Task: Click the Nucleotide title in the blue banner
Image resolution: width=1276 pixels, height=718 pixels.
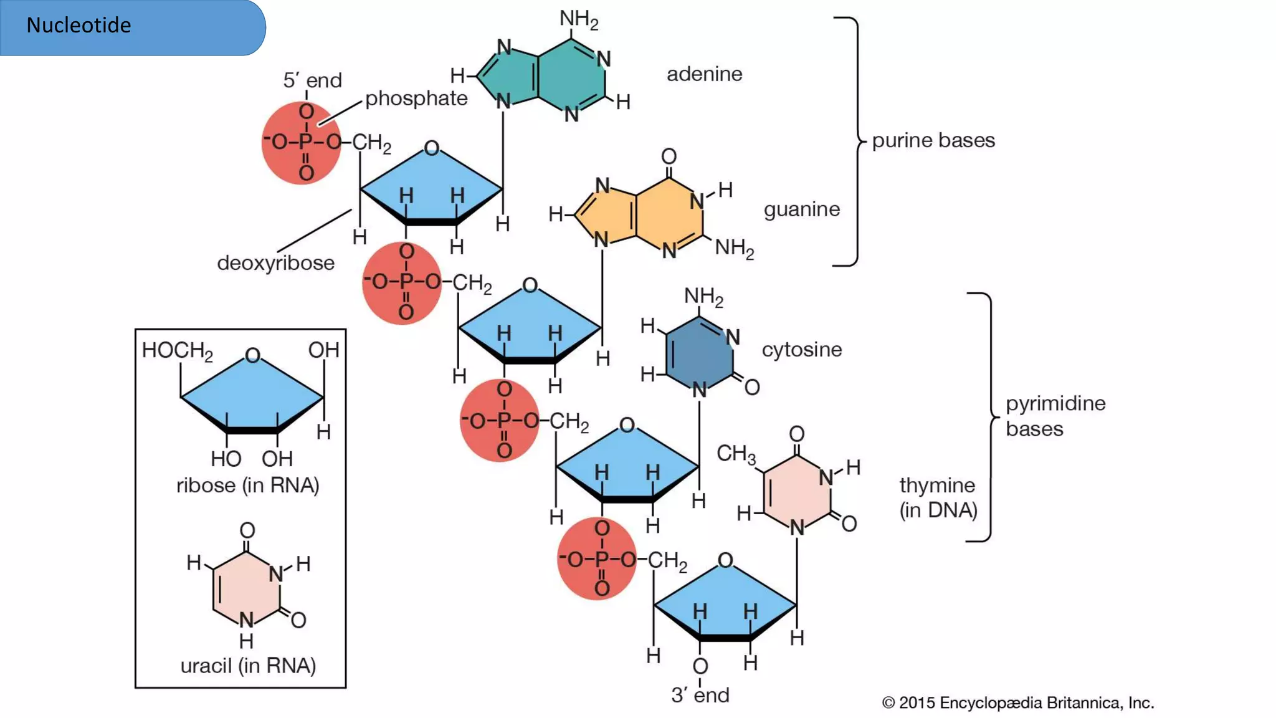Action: [79, 26]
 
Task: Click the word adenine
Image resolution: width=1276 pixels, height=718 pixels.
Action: [704, 74]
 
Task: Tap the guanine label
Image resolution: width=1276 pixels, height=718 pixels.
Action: [801, 209]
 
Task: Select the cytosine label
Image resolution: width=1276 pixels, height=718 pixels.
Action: [801, 350]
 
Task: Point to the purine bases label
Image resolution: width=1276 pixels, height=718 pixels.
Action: [933, 140]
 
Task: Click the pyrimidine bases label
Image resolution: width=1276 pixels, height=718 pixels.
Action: [1055, 416]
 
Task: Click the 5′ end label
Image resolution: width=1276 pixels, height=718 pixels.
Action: [312, 80]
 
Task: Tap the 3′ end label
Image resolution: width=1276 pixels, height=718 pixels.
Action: [700, 695]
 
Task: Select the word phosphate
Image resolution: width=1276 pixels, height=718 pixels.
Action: [416, 98]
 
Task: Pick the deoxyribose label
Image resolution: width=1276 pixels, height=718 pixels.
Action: [275, 263]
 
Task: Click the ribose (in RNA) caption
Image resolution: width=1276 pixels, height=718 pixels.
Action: [247, 486]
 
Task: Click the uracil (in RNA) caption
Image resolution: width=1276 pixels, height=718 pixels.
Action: [247, 666]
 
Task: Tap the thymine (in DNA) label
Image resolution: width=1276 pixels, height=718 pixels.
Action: [937, 497]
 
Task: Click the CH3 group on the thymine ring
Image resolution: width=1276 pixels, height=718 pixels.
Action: [735, 454]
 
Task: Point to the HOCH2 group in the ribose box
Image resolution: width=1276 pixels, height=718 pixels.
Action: [177, 351]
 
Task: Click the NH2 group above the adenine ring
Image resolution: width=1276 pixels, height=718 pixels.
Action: [578, 19]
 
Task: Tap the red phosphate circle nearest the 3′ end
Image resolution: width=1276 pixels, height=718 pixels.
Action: [596, 559]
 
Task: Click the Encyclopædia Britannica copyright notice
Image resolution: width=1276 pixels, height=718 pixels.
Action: [1017, 703]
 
